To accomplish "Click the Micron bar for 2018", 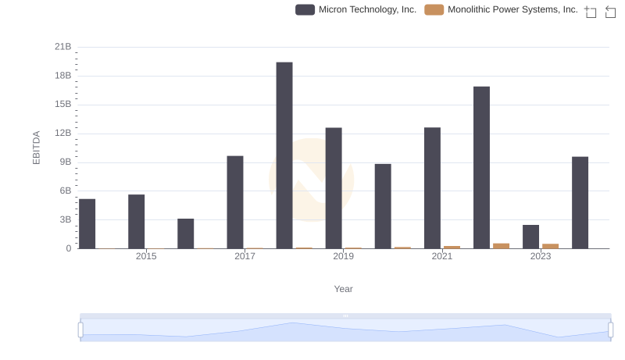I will tap(284, 155).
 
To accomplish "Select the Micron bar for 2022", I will tap(481, 167).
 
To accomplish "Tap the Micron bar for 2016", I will tap(186, 233).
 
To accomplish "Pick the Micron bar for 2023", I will tap(531, 237).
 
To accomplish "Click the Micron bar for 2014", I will tap(87, 223).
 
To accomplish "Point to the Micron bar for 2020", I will tap(383, 206).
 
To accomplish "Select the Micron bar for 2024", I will tap(580, 202).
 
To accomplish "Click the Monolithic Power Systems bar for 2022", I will tap(501, 246).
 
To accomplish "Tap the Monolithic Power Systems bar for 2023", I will tap(550, 246).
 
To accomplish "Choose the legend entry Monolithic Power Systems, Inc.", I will tap(512, 10).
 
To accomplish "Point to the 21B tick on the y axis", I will tap(63, 47).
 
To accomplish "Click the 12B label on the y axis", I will tap(63, 134).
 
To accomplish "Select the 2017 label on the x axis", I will tap(245, 256).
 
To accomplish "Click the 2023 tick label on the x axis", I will tap(541, 256).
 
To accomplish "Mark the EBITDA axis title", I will tap(35, 148).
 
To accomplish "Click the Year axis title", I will tap(344, 289).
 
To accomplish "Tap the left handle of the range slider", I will tap(80, 330).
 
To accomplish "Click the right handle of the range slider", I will tap(610, 330).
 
